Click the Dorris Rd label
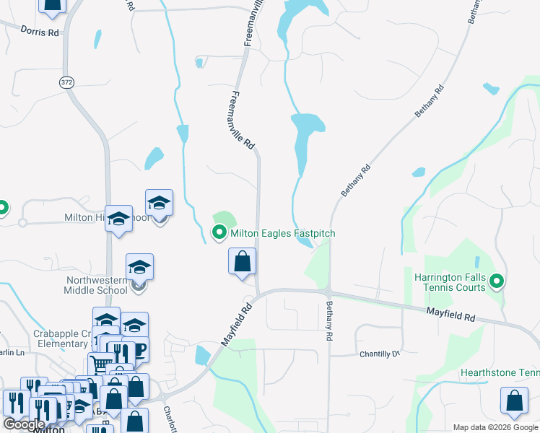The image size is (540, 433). pyautogui.click(x=40, y=32)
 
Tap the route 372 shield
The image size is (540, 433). pyautogui.click(x=66, y=82)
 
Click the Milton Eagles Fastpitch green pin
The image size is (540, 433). pyautogui.click(x=219, y=232)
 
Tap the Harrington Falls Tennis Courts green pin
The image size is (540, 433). pyautogui.click(x=497, y=281)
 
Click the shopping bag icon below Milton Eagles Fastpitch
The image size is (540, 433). pyautogui.click(x=243, y=261)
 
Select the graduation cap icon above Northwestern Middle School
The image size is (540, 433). pyautogui.click(x=139, y=267)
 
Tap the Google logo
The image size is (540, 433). pyautogui.click(x=24, y=424)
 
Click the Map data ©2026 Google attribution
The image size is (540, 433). pyautogui.click(x=495, y=427)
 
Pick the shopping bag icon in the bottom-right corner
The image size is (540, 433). pyautogui.click(x=513, y=402)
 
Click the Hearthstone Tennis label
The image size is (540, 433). pyautogui.click(x=500, y=373)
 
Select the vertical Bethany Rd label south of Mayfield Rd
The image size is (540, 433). pyautogui.click(x=329, y=322)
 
